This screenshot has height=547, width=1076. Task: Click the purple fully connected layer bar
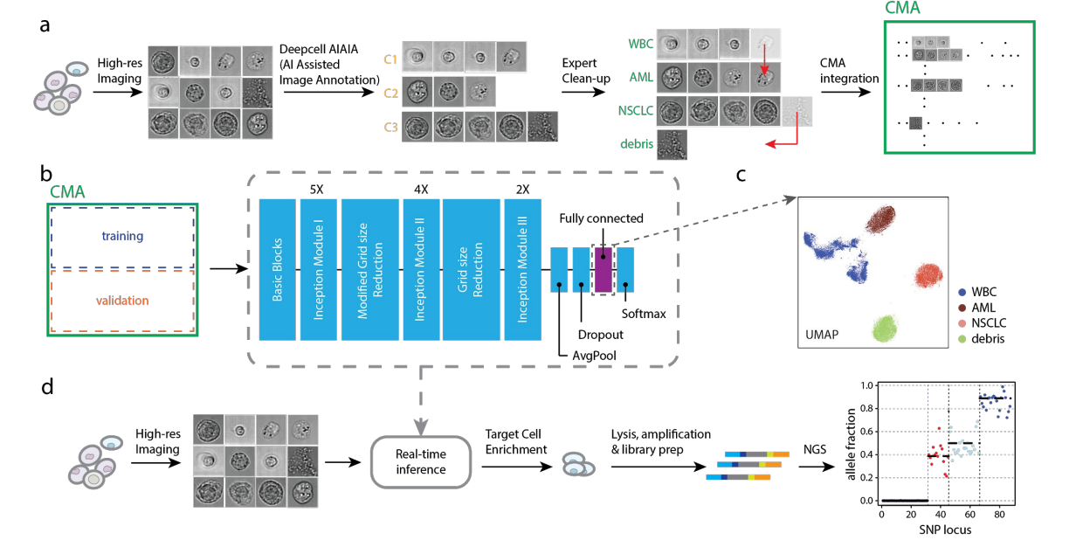point(604,269)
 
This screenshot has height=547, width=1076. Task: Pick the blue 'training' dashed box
point(121,237)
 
